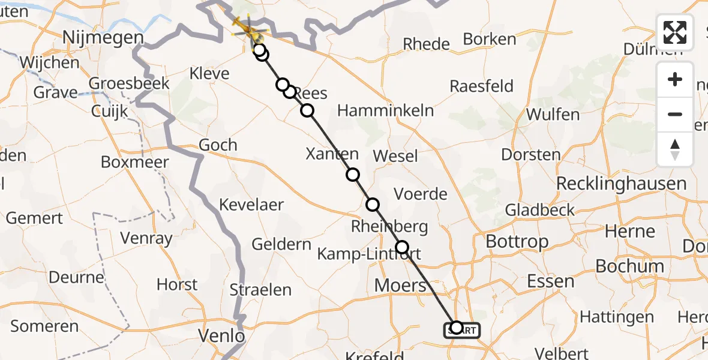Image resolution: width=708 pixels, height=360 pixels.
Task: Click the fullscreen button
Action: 675,32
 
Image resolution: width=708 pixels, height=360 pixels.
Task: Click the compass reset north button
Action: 675,149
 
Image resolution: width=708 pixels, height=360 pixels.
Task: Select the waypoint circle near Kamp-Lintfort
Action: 402,247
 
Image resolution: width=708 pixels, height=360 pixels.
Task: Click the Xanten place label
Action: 332,154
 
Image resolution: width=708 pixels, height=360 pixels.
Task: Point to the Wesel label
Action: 395,156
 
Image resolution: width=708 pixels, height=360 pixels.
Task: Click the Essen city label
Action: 550,281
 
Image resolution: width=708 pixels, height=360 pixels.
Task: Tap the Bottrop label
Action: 517,242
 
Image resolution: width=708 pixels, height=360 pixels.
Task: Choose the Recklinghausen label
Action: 621,184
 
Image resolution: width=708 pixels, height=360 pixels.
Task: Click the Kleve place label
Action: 209,74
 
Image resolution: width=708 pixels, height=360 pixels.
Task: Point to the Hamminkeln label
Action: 385,110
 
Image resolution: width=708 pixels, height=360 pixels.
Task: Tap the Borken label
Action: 490,40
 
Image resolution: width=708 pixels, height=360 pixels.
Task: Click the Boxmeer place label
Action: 135,162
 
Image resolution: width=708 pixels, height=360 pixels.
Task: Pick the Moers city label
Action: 400,286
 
